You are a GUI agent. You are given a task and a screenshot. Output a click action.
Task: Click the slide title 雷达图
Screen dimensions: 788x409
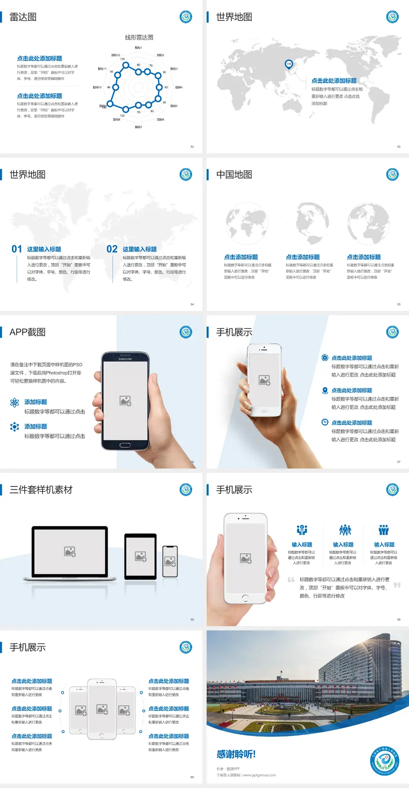pos(23,17)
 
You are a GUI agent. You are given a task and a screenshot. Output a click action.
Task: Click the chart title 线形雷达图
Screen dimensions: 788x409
pos(139,37)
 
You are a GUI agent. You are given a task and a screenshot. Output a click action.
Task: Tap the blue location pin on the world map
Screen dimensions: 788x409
pos(288,64)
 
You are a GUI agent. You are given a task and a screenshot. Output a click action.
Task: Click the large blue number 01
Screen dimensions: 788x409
pos(17,249)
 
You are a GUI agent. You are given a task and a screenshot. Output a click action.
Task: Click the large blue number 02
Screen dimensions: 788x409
pos(112,249)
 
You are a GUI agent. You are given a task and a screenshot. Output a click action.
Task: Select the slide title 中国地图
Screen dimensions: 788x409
pos(234,175)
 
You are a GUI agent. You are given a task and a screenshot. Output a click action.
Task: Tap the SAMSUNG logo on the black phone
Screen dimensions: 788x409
pos(125,359)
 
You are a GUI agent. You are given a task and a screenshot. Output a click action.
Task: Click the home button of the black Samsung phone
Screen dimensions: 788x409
pos(125,445)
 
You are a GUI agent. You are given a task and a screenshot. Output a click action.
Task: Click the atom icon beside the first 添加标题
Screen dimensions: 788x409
pos(14,403)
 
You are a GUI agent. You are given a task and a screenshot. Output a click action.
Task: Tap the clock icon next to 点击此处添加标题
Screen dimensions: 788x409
pos(325,422)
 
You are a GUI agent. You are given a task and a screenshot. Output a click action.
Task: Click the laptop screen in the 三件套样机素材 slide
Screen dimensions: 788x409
pos(70,552)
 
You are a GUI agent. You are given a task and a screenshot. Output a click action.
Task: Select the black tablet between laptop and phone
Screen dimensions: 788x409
pos(141,556)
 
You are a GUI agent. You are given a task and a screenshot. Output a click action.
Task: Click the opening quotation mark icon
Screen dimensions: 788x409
pos(291,579)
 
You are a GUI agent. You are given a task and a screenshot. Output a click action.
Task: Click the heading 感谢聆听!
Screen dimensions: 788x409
pos(236,754)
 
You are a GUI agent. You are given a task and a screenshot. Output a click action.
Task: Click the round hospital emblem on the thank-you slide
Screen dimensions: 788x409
pos(384,760)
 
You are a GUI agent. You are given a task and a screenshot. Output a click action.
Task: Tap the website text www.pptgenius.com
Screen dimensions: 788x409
pos(259,775)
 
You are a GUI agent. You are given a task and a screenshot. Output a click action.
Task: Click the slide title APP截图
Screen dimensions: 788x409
pos(27,332)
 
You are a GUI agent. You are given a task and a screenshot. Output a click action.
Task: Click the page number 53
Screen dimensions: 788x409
pos(399,147)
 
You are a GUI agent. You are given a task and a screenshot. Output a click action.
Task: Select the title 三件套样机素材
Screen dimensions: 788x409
pos(41,490)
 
